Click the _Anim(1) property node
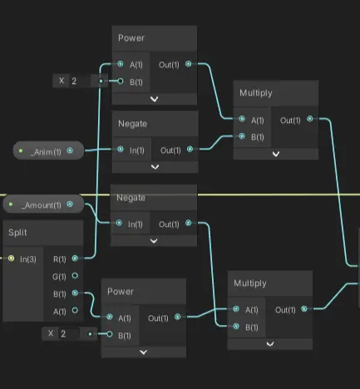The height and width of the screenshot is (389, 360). click(48, 150)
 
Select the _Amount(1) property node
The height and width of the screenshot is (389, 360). click(43, 204)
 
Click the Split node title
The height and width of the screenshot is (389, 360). click(17, 232)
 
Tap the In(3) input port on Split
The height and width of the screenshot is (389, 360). click(11, 259)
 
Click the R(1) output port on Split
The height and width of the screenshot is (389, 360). click(75, 259)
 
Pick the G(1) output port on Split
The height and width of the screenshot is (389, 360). click(75, 276)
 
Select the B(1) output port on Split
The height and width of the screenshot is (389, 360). click(75, 293)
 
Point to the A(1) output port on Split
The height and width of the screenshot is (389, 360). click(75, 310)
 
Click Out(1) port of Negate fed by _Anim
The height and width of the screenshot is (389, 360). click(190, 150)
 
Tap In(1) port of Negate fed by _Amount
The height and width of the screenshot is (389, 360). click(119, 223)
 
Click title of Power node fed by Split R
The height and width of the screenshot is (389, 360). click(131, 38)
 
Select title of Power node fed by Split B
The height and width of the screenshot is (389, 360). click(121, 292)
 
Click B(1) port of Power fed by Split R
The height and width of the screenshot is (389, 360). click(121, 81)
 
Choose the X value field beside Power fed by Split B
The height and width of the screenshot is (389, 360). click(69, 333)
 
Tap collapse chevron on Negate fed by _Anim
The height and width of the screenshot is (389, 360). click(155, 167)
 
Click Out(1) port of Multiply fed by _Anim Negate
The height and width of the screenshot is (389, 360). click(310, 119)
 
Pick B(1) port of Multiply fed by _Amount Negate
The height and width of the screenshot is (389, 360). click(236, 327)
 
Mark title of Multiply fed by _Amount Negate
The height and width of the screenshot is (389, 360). click(250, 283)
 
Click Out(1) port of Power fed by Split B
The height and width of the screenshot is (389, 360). click(178, 317)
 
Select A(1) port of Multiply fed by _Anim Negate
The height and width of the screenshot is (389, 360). click(242, 119)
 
